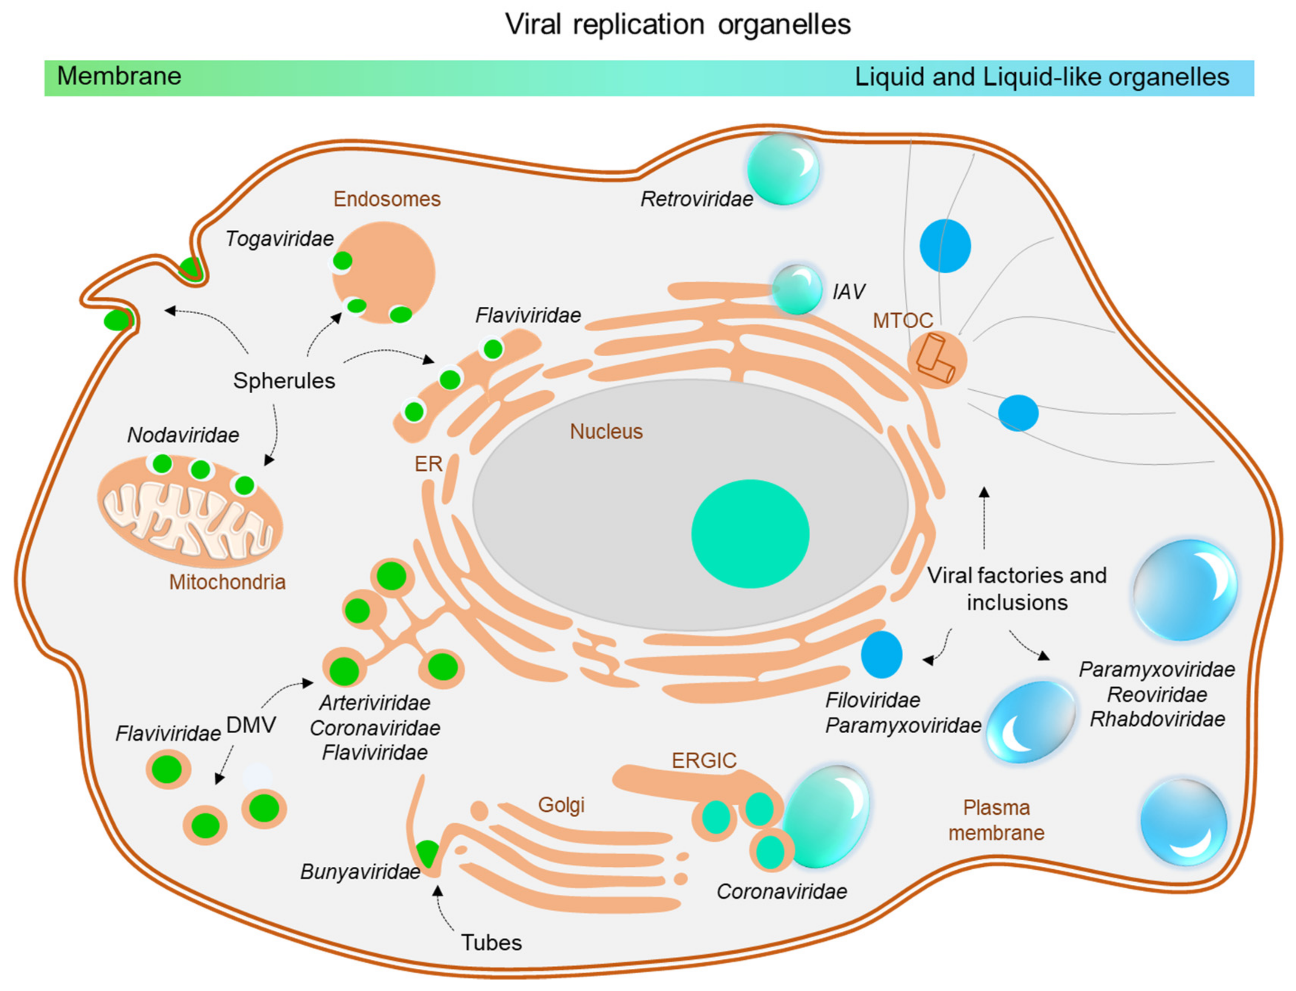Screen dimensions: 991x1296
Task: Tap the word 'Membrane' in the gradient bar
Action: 119,76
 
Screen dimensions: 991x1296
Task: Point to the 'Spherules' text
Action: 284,380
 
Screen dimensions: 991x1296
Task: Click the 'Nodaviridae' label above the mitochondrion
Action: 183,435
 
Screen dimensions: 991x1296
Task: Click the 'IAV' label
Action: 848,291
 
